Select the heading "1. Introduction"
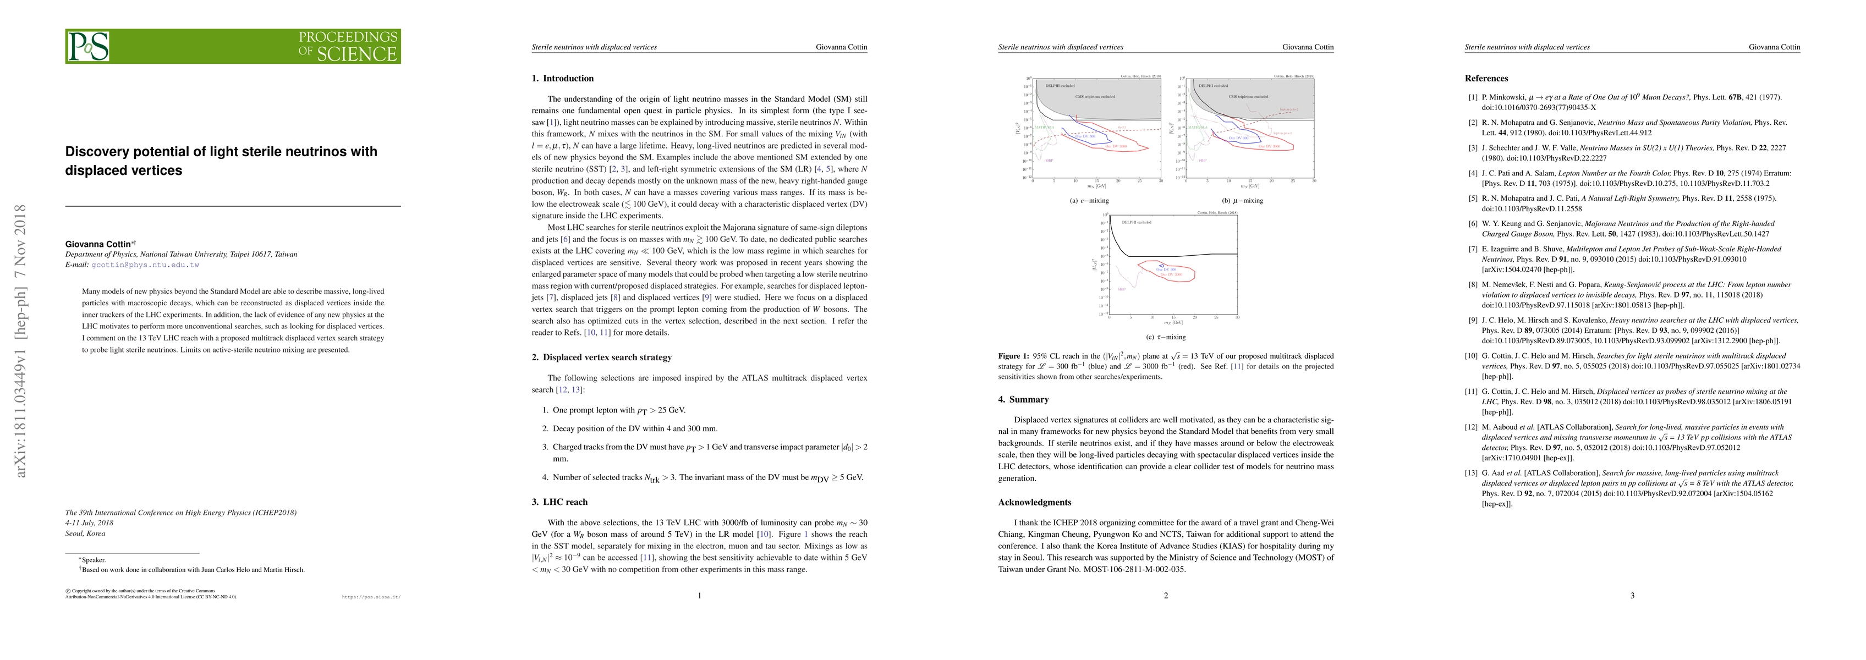click(562, 78)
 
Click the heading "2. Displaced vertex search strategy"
click(601, 357)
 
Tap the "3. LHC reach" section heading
click(559, 502)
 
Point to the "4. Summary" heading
click(1023, 399)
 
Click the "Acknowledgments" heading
click(1034, 502)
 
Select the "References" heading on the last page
click(1486, 78)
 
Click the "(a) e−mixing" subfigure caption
click(1089, 201)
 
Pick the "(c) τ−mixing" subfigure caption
click(1166, 337)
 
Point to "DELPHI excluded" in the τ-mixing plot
click(1137, 222)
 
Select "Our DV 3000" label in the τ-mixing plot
click(1171, 274)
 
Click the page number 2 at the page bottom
click(1166, 596)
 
